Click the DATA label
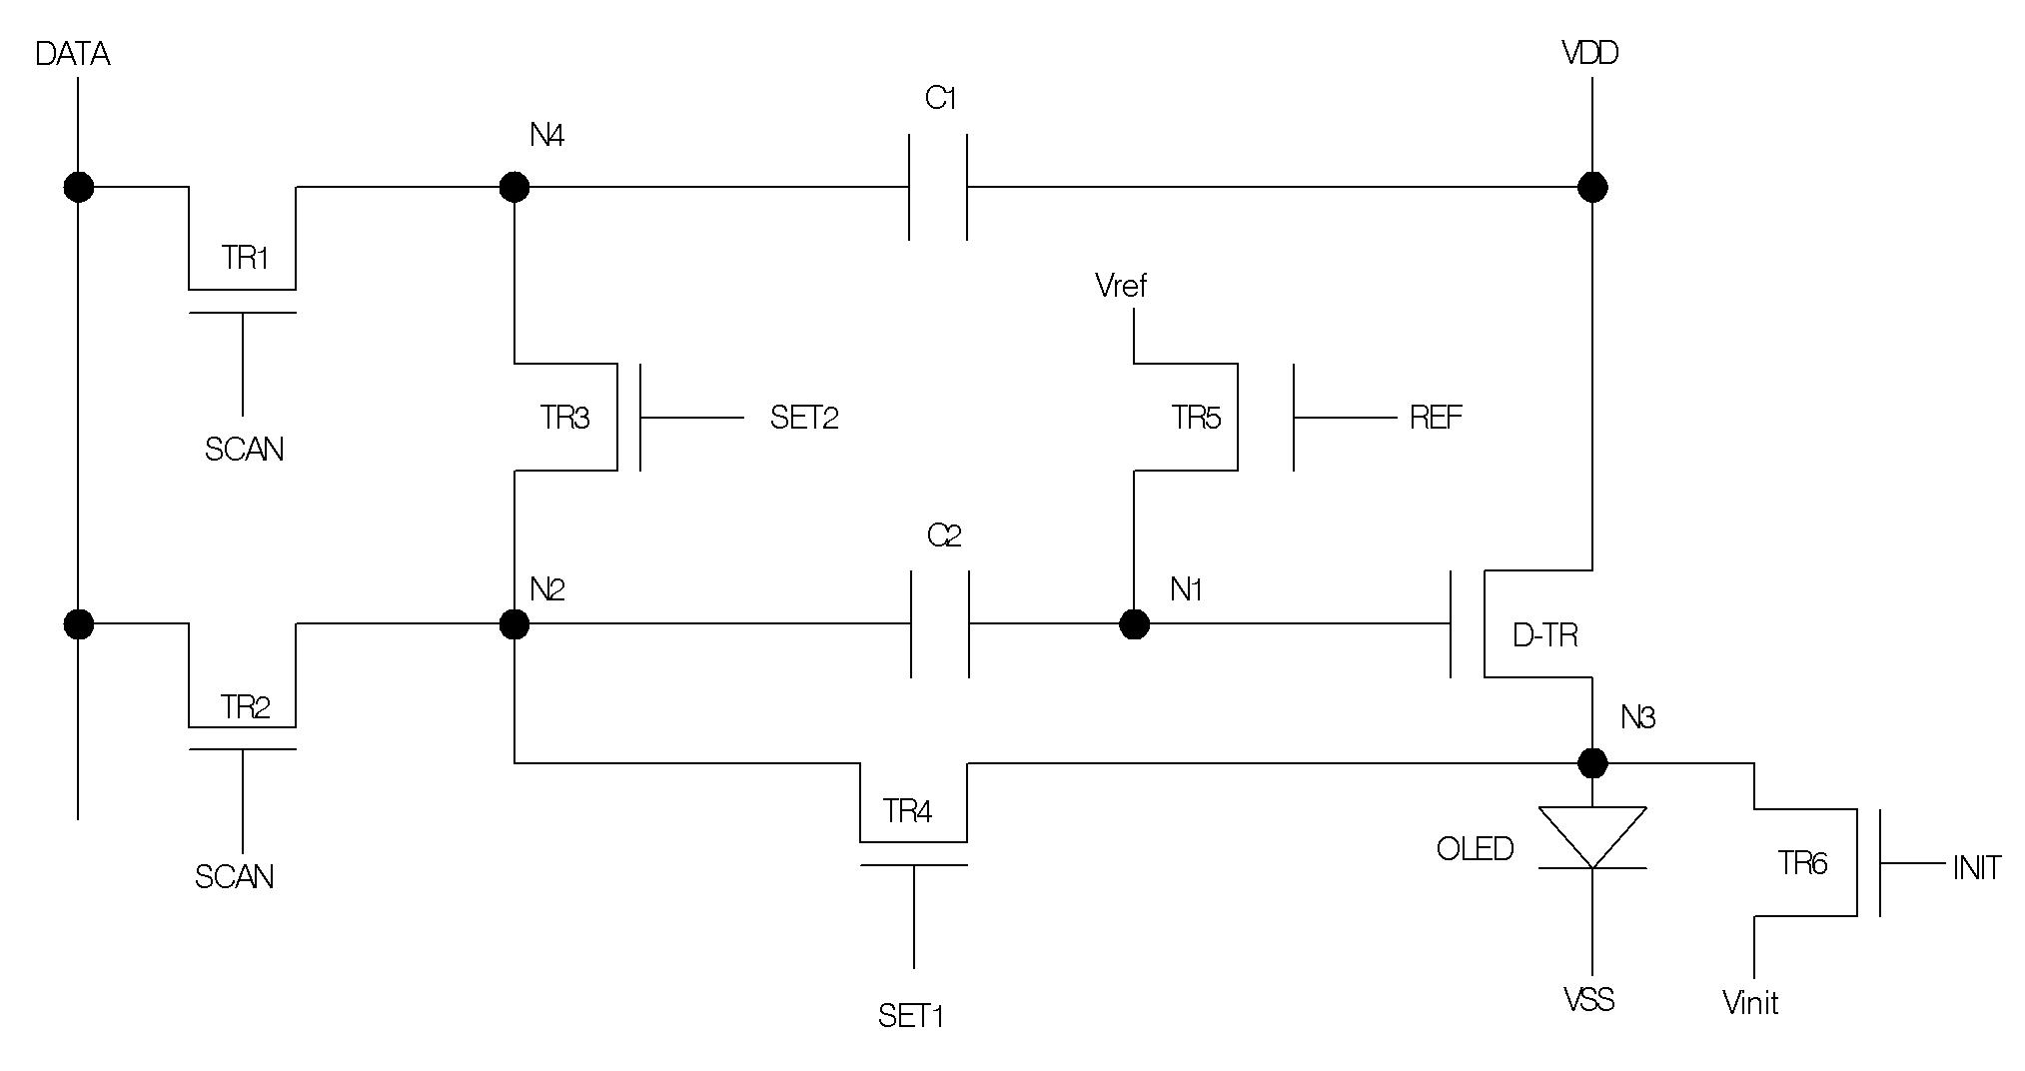[72, 54]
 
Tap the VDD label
[1590, 53]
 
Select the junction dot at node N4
[513, 187]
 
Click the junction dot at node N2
[513, 624]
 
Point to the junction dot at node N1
[1134, 624]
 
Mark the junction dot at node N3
[1592, 763]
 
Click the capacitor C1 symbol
[938, 187]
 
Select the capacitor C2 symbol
[940, 624]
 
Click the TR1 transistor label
[246, 259]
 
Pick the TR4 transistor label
[907, 811]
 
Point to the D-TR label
[1545, 635]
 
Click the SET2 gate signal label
[804, 418]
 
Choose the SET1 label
[911, 1016]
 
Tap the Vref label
[1121, 286]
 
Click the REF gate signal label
[1436, 418]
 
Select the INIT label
[1977, 868]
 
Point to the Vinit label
[1750, 1003]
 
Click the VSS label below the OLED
[1588, 1000]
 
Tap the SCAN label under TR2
[234, 877]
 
